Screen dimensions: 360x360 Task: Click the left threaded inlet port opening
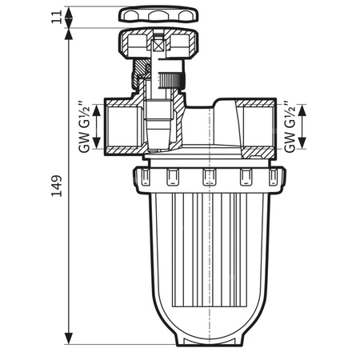pyautogui.click(x=120, y=126)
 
